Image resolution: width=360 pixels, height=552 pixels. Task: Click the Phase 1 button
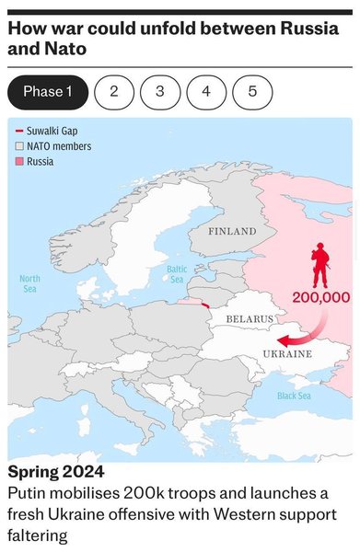[48, 92]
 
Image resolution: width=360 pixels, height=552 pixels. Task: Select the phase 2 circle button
[114, 92]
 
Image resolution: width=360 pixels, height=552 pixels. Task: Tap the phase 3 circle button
[160, 92]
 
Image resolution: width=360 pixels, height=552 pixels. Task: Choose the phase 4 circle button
[206, 92]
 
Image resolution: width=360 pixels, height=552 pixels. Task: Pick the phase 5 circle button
[252, 92]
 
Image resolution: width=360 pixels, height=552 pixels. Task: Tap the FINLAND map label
[232, 230]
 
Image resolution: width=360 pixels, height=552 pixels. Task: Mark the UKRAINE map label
[287, 353]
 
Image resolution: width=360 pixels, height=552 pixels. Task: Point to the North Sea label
[30, 283]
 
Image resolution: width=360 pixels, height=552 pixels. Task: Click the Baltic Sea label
[177, 273]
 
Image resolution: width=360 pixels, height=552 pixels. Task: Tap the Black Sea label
[294, 396]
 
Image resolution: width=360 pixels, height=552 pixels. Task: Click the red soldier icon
[320, 266]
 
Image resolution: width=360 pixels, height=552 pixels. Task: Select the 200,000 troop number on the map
[321, 297]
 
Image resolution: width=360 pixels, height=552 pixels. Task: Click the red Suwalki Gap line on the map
[204, 305]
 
